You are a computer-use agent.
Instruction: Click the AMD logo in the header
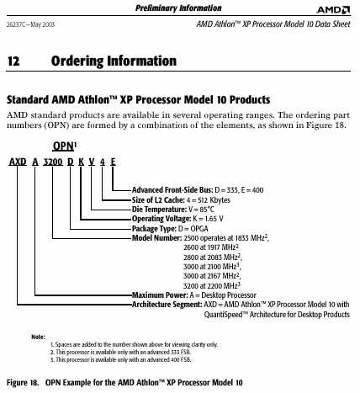333,10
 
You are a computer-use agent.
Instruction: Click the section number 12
13,61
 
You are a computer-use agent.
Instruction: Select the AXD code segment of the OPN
18,162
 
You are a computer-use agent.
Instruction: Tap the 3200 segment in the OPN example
53,162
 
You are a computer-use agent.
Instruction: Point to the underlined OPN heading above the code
64,146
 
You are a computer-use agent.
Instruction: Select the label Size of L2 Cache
158,200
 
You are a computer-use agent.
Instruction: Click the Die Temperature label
159,210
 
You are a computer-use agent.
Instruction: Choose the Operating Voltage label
161,219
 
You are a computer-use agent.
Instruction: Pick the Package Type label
154,229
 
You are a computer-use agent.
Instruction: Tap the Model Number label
157,238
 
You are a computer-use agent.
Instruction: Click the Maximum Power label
160,295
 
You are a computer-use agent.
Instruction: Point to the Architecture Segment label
167,305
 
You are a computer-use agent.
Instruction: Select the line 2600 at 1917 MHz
211,247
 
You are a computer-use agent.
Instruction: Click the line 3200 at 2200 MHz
212,285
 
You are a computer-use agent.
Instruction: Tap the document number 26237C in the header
16,24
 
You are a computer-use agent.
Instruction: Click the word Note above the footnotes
38,337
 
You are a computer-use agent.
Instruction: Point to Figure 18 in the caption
23,383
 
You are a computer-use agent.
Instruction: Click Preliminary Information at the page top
178,8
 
